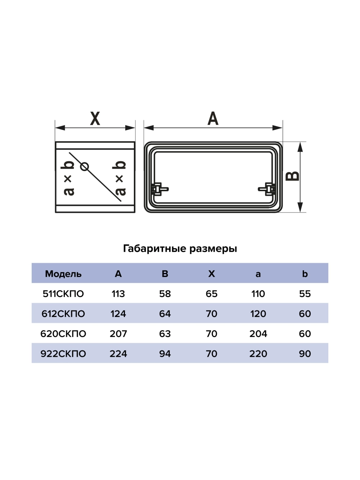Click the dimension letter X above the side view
coord(95,118)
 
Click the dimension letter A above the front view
coord(213,118)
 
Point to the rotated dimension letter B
coord(293,176)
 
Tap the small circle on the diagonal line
coord(85,166)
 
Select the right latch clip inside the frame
coord(268,189)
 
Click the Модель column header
coord(63,274)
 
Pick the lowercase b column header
coord(305,274)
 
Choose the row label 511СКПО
coord(63,294)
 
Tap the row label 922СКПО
coord(63,354)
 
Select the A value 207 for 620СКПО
coord(118,334)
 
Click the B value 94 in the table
coord(165,354)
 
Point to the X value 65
coord(211,294)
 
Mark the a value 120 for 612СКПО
coord(258,314)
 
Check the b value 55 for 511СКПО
coord(305,294)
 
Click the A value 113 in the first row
coord(118,294)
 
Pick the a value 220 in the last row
coord(258,354)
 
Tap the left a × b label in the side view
coord(68,178)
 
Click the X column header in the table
coord(211,274)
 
